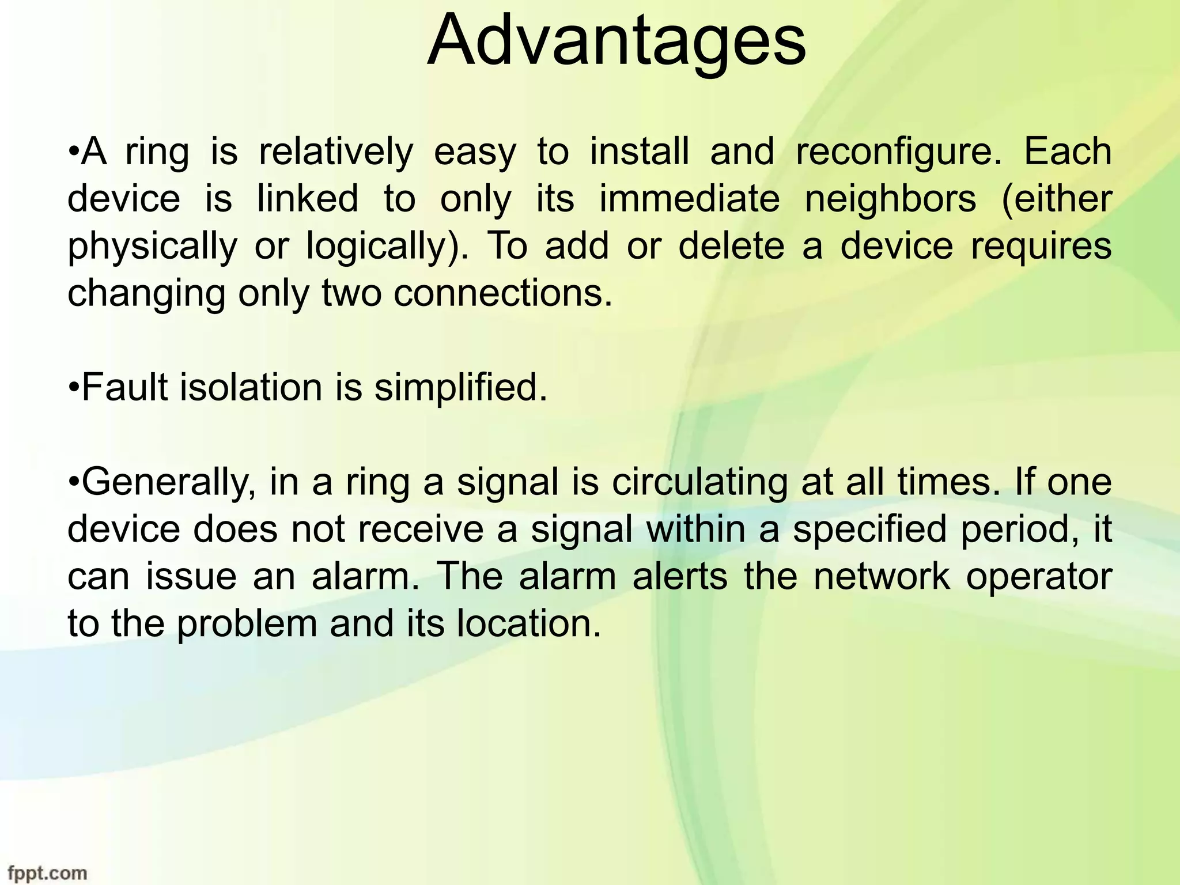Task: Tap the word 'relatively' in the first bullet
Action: click(x=336, y=153)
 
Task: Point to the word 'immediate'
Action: click(x=690, y=199)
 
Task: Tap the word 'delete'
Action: click(x=731, y=246)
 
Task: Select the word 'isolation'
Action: click(x=251, y=387)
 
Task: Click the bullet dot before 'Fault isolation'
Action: click(x=73, y=387)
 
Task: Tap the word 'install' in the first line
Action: click(x=639, y=153)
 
